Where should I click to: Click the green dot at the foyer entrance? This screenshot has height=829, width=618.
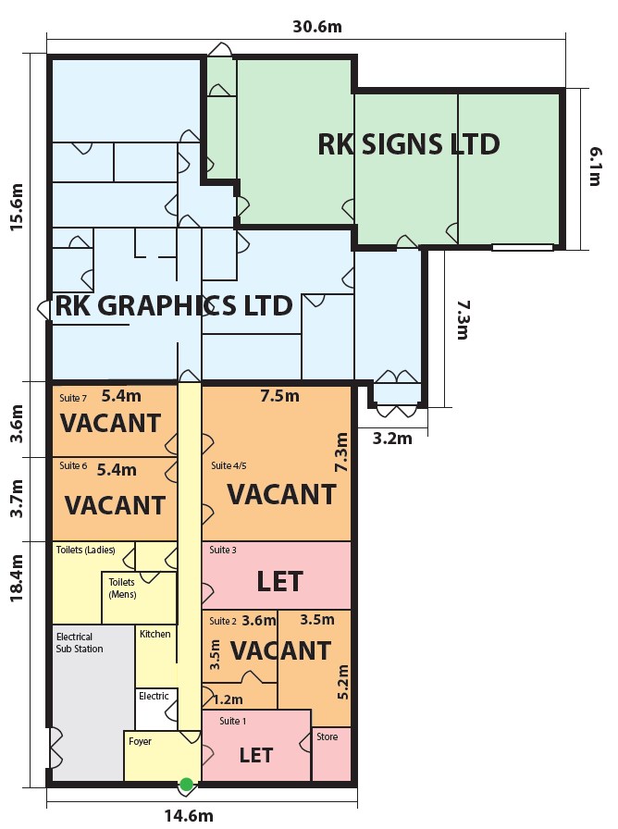pos(187,785)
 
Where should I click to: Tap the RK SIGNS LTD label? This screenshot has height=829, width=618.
pos(409,144)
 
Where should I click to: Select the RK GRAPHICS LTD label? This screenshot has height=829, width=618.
pos(174,306)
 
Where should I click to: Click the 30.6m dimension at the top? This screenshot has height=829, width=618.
pos(317,27)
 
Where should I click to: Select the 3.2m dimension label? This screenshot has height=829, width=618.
pos(392,438)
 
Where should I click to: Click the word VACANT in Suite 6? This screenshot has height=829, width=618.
pos(115,505)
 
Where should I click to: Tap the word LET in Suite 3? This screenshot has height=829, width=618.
pos(279,581)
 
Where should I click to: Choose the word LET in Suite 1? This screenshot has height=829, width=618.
pos(256,755)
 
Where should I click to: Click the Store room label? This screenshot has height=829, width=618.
pos(328,736)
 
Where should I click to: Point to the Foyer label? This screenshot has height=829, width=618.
pos(140,741)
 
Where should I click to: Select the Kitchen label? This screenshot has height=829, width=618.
pos(154,634)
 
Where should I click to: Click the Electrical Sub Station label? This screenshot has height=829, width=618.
pos(80,643)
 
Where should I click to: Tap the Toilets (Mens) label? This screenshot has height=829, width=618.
pos(122,588)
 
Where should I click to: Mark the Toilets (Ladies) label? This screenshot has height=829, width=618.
pos(85,550)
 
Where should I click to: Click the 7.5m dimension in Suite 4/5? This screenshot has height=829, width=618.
pos(279,396)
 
